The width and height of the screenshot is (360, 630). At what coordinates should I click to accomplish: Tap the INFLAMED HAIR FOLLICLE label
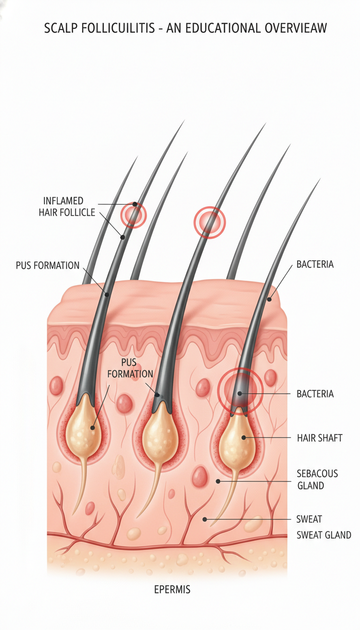coord(67,207)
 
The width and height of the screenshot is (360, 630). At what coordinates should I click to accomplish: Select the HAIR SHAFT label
coord(320,438)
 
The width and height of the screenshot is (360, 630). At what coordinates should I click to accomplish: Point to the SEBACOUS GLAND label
coord(317,480)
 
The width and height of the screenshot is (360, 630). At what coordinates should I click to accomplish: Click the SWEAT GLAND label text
coord(324,535)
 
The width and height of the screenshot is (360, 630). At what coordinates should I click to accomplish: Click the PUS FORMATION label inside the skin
coord(130,368)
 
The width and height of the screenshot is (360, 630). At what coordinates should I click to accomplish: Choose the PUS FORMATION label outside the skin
coord(47,265)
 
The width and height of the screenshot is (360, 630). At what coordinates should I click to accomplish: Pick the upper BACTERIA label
coord(315,264)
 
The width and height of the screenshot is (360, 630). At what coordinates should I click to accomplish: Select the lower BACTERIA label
coord(315,394)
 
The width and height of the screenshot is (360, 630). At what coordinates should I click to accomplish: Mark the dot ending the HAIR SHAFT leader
coord(244,438)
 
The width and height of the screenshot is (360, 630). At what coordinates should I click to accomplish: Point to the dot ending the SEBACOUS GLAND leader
coord(217,481)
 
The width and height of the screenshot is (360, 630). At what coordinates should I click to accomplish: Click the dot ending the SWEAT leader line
coord(205,519)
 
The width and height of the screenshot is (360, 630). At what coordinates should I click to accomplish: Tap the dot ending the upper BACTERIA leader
coord(269,300)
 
